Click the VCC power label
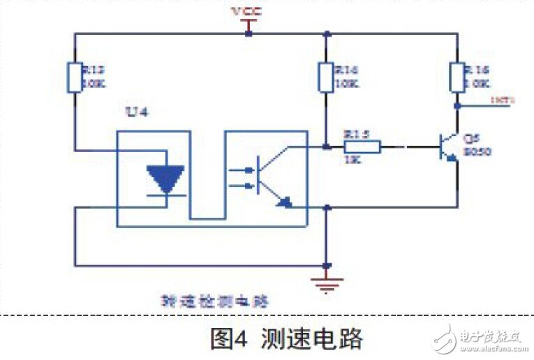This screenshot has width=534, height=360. (x=249, y=12)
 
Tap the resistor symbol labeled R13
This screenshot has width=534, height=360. (x=74, y=77)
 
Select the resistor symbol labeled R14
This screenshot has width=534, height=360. (x=325, y=77)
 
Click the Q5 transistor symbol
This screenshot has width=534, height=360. (x=447, y=147)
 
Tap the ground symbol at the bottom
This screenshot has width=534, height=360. (x=326, y=283)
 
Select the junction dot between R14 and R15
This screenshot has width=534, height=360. (x=326, y=147)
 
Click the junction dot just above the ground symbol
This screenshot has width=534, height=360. (x=326, y=266)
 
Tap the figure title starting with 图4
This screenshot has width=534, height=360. (x=286, y=340)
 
